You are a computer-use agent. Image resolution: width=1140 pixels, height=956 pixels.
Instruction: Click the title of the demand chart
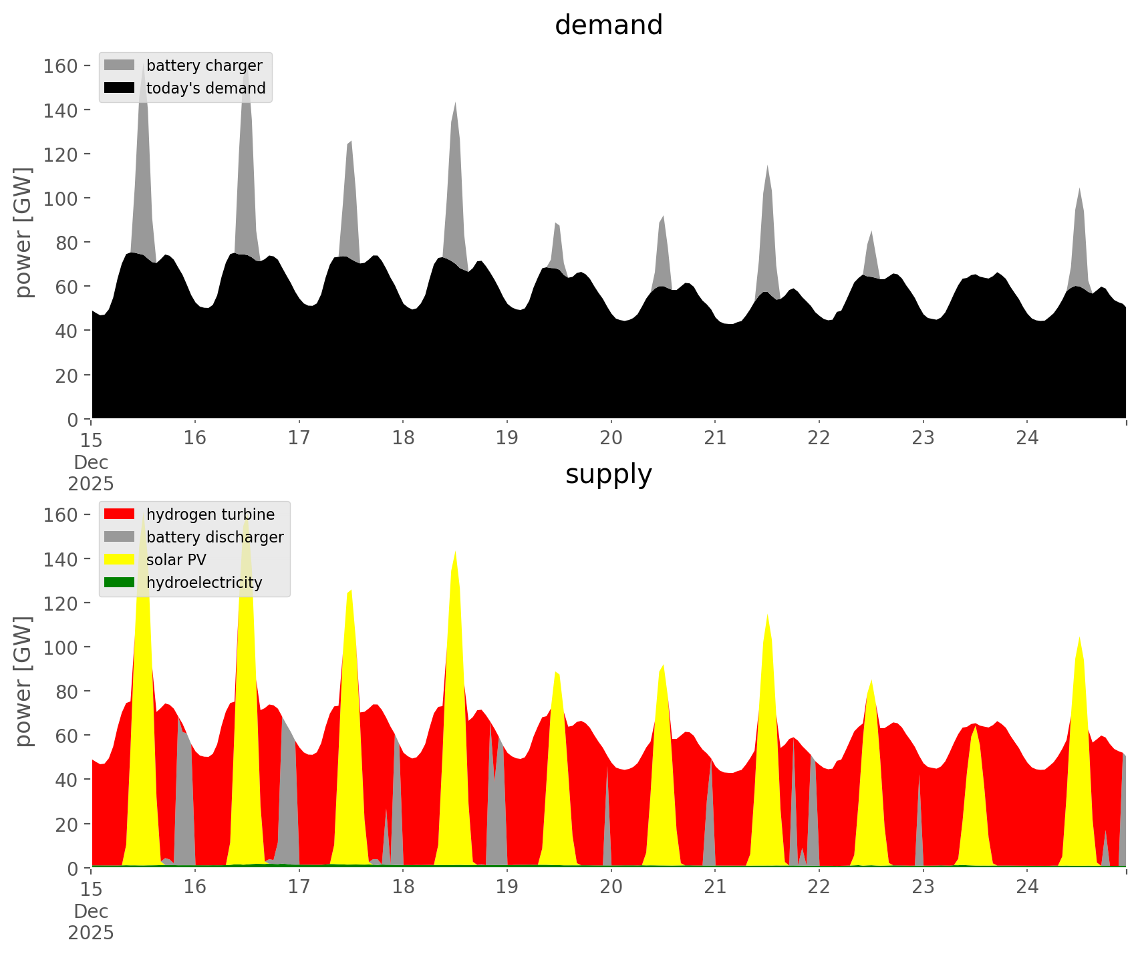click(x=608, y=25)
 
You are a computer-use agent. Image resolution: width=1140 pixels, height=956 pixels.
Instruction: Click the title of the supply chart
click(x=608, y=474)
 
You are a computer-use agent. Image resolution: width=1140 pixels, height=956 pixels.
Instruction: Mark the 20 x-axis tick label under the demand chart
click(x=611, y=438)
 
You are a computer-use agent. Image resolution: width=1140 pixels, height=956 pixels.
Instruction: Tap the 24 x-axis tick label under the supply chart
click(x=1027, y=887)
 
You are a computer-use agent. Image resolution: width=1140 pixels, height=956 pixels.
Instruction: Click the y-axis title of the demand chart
click(x=23, y=232)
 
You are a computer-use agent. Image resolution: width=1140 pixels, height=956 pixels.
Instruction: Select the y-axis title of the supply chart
click(x=23, y=681)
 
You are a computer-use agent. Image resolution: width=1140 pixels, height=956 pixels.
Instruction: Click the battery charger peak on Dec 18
click(x=455, y=104)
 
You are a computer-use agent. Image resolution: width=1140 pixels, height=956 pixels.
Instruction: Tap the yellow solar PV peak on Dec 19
click(x=557, y=673)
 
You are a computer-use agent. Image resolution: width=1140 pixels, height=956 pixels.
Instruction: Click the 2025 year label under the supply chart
click(x=91, y=933)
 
